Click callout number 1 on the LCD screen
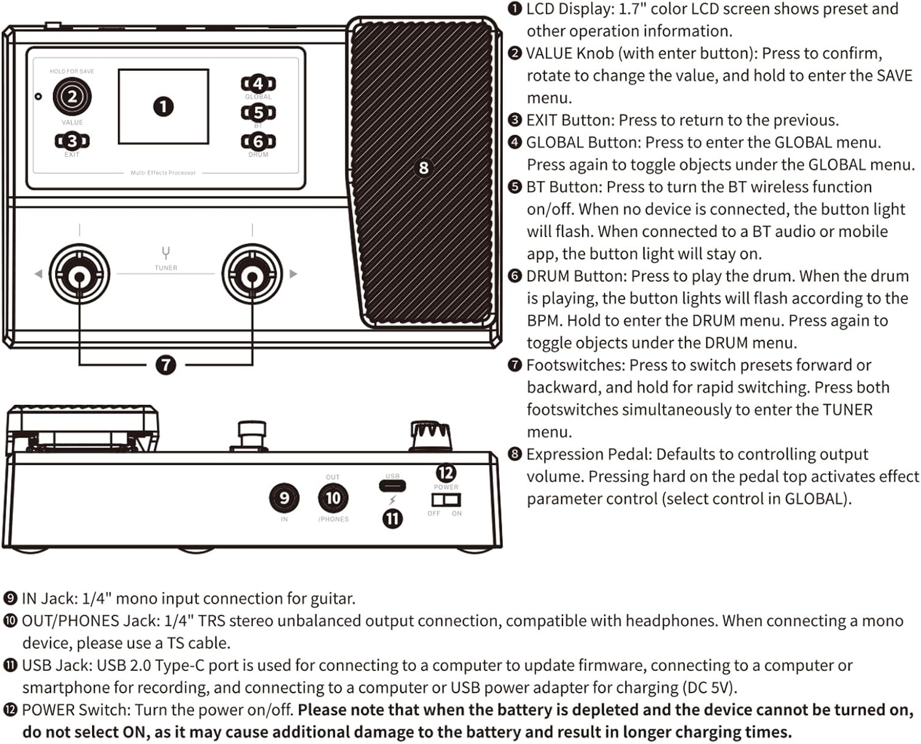pyautogui.click(x=163, y=107)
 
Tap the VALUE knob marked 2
pyautogui.click(x=72, y=96)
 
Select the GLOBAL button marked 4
pyautogui.click(x=258, y=84)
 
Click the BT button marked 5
pyautogui.click(x=258, y=112)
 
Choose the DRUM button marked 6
pyautogui.click(x=258, y=141)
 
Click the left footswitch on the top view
pyautogui.click(x=79, y=275)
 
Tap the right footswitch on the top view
pyautogui.click(x=252, y=275)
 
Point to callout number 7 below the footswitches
pyautogui.click(x=166, y=365)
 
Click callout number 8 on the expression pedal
pyautogui.click(x=423, y=168)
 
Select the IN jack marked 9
pyautogui.click(x=284, y=498)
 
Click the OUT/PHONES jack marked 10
pyautogui.click(x=333, y=498)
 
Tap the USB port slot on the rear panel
pyautogui.click(x=392, y=486)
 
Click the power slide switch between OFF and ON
pyautogui.click(x=446, y=500)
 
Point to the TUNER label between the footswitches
pyautogui.click(x=166, y=268)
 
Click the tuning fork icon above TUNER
pyautogui.click(x=166, y=253)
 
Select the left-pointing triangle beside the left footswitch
pyautogui.click(x=38, y=274)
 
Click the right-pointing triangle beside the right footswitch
pyautogui.click(x=293, y=274)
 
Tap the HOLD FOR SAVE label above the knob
pyautogui.click(x=72, y=71)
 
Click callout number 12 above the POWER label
pyautogui.click(x=446, y=472)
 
